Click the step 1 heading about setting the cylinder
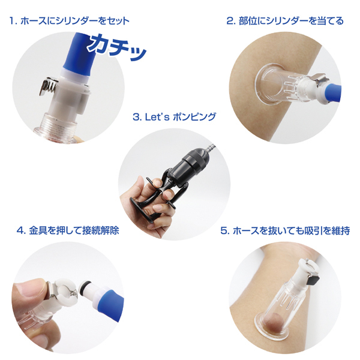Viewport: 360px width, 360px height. coord(70,21)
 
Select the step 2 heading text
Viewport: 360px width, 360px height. coord(285,21)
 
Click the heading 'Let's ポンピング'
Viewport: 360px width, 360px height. coord(175,117)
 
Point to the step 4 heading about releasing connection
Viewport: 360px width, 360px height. coord(68,230)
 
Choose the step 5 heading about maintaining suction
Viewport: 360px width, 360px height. coord(285,230)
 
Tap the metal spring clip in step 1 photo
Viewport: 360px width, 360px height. coord(48,86)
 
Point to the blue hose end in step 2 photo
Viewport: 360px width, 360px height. coord(332,92)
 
